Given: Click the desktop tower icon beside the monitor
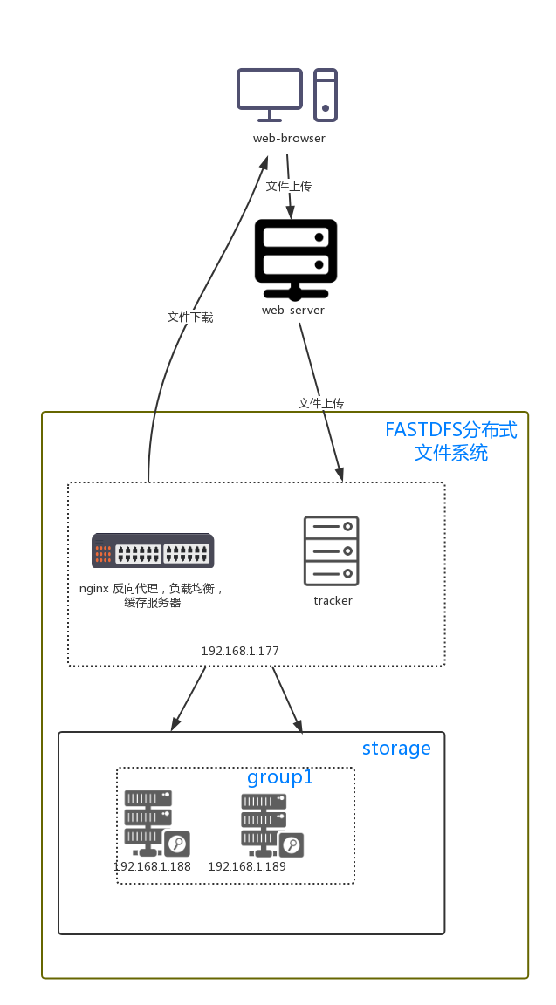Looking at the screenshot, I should [326, 95].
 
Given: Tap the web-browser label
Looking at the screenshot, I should [289, 139].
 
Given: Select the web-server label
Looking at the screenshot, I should [293, 311].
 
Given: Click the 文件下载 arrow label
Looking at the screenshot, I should [190, 317].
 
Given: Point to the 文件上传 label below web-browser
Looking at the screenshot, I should [289, 186].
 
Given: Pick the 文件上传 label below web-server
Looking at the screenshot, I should [321, 403].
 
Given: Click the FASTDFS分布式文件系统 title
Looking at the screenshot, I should [450, 441].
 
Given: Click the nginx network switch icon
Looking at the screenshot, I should [153, 551].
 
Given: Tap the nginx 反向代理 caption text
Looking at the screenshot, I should [153, 595].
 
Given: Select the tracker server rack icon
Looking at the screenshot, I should [332, 550].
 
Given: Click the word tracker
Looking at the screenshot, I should [333, 601].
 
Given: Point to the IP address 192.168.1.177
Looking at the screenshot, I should [240, 651].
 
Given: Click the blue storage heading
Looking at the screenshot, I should [396, 749].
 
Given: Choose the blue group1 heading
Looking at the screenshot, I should [279, 777].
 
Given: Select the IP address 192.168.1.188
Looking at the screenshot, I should [152, 867].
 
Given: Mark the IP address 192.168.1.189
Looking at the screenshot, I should [247, 867].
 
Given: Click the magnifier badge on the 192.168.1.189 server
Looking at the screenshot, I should [292, 844].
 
